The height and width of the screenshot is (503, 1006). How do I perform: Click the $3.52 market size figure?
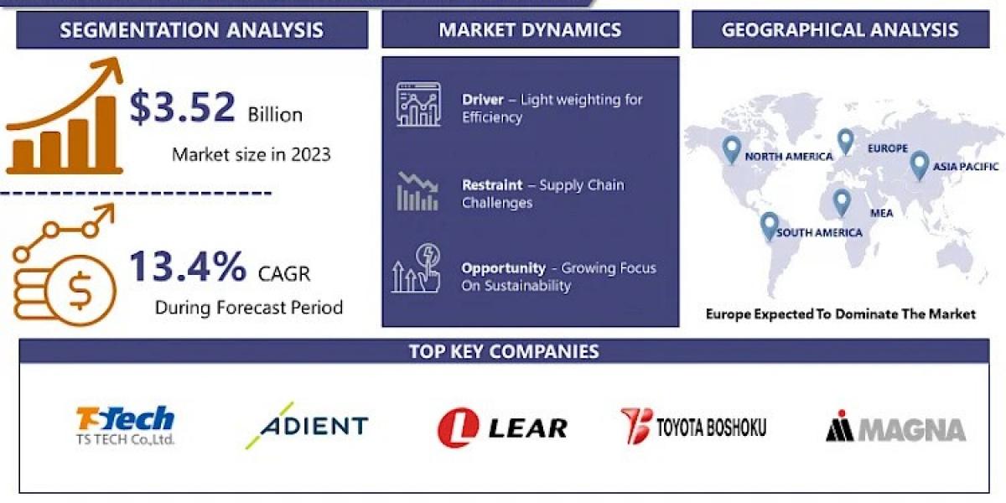183,107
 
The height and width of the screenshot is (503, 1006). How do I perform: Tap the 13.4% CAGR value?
188,267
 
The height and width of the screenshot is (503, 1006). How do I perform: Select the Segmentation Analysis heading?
192,30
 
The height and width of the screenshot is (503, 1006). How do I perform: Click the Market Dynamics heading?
530,29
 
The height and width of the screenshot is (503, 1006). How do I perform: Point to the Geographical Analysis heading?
840,29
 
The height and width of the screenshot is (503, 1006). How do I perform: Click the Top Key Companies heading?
504,351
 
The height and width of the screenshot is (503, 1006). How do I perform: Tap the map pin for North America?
732,149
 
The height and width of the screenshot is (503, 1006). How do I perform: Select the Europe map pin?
846,142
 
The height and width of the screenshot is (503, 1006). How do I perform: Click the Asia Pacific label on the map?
966,167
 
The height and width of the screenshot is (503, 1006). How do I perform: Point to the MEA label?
882,213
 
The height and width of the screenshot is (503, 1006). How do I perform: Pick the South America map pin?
770,226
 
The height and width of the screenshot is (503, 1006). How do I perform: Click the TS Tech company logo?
125,425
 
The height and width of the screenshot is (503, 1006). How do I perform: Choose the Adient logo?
307,425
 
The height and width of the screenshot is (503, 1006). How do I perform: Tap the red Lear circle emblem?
458,428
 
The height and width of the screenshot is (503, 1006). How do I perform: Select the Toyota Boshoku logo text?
712,427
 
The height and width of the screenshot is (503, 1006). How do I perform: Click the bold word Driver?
483,100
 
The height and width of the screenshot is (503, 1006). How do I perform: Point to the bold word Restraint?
492,185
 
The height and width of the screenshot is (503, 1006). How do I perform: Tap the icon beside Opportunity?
417,268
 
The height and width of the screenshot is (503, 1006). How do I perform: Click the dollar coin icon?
80,291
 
